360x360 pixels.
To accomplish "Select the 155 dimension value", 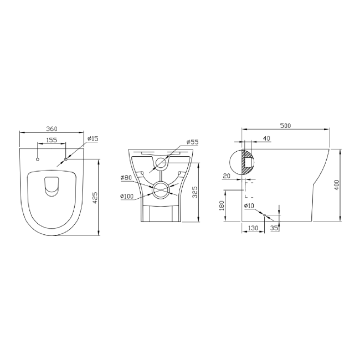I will (x=52, y=140).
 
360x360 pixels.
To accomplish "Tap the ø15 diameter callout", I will (x=92, y=138).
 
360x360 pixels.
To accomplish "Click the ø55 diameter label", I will (x=192, y=142).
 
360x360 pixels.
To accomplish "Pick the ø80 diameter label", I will (x=126, y=178).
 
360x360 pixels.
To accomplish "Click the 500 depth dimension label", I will (x=286, y=126).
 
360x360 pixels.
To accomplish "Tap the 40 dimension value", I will (x=267, y=138).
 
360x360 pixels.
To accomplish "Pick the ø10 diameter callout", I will (x=249, y=206).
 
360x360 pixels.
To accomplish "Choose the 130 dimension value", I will (x=252, y=227).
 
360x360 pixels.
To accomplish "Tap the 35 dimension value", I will (x=273, y=227).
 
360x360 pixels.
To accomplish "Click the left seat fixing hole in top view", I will (x=38, y=160).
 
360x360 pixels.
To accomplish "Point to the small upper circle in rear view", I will (x=161, y=163).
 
